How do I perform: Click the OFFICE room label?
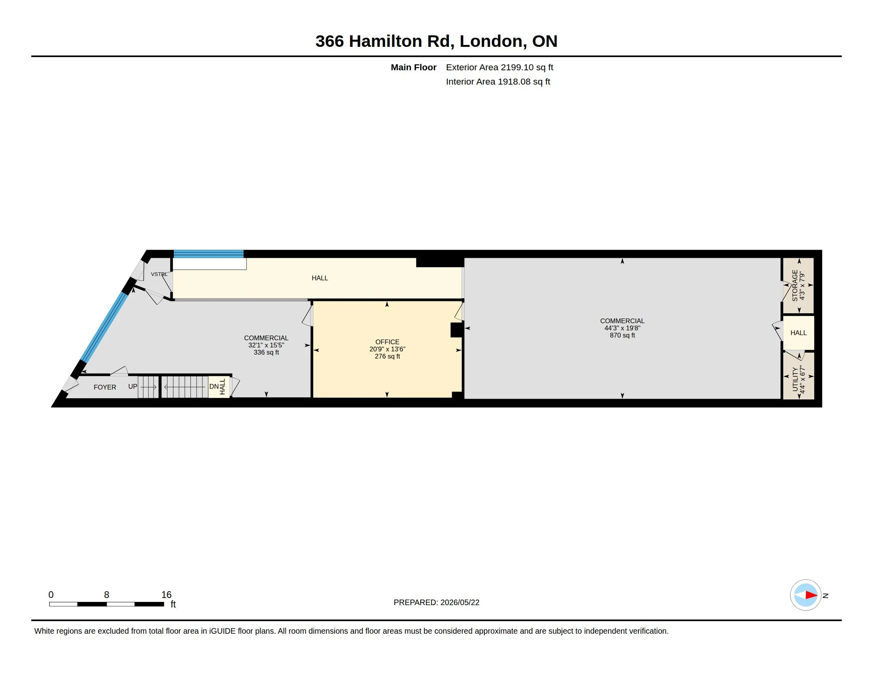coord(387,342)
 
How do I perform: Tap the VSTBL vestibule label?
coord(159,274)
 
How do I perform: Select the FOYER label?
coord(105,387)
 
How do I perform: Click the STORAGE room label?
coord(795,285)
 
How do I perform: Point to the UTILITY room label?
coord(795,379)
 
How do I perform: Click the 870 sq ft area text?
coord(622,335)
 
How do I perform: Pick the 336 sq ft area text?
coord(266,352)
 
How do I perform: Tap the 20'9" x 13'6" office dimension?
coord(387,349)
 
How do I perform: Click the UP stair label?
coord(133,387)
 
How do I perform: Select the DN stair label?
coord(214,387)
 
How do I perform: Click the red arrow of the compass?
coord(811,595)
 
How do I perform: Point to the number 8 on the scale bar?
coord(106,595)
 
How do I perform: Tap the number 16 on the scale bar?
coord(166,595)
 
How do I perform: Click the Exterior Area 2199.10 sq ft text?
coord(499,67)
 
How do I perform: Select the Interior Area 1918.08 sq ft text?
coord(498,81)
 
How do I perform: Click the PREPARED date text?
coord(436,602)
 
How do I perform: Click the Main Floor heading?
coord(413,67)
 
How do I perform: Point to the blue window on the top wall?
coord(209,254)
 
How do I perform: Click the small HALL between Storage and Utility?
coord(798,333)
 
